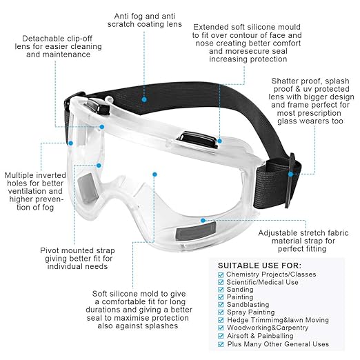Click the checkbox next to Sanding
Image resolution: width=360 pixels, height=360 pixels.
coord(221,290)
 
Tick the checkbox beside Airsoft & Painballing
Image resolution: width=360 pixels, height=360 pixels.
coord(221,336)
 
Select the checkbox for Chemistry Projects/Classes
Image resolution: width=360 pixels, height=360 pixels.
coord(221,274)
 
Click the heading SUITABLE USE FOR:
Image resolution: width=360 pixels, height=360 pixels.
coord(259,266)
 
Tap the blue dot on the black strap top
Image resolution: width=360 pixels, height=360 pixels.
coord(144,99)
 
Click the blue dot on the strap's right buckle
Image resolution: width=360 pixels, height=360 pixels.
coord(291,174)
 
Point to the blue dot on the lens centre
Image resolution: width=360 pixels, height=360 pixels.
coord(154,174)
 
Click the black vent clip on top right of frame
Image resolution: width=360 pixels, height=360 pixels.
coord(197,139)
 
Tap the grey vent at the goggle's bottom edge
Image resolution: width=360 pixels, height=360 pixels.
coord(196,232)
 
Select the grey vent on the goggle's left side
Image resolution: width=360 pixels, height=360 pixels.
coord(88,188)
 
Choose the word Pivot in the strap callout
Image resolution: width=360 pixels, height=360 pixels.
coord(50,250)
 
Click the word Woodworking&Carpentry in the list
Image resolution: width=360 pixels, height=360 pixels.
coord(268,328)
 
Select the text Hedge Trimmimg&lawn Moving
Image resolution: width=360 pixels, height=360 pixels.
coord(278,320)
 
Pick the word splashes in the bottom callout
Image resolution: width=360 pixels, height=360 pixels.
coord(161,326)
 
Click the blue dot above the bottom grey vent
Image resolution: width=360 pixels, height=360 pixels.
coord(203,221)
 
